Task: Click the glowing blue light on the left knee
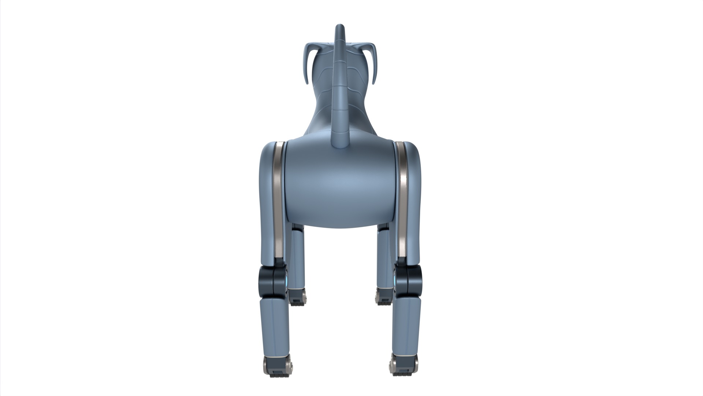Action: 286,282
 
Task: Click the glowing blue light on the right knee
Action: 395,282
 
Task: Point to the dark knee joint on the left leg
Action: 272,282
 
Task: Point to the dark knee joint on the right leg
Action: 408,282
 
